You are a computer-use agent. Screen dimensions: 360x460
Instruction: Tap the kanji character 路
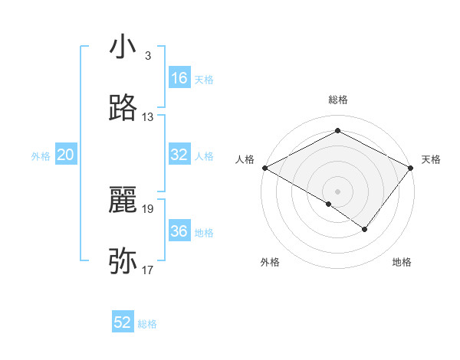[x=123, y=108]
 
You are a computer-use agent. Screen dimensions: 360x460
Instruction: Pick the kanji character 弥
[x=123, y=260]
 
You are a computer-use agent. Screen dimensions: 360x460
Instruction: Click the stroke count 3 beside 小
[x=147, y=56]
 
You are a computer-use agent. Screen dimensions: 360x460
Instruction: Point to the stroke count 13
[x=148, y=117]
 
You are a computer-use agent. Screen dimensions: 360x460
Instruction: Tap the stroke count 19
[x=148, y=208]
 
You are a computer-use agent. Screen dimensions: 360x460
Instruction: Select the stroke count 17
[x=148, y=270]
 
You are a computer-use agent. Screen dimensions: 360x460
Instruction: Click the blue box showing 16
[x=179, y=78]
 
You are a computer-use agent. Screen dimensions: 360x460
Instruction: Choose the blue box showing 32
[x=179, y=155]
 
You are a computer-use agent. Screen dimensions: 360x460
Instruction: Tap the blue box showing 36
[x=179, y=231]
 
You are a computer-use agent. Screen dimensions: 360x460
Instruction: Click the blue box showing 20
[x=66, y=155]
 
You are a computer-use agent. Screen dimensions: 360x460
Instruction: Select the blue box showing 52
[x=123, y=322]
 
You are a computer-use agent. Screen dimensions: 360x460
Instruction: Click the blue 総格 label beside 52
[x=148, y=324]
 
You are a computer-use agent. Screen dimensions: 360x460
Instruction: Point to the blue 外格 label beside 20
[x=41, y=155]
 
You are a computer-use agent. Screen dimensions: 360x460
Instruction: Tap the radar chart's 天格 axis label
[x=431, y=159]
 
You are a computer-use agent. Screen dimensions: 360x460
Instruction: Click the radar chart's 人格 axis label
[x=245, y=159]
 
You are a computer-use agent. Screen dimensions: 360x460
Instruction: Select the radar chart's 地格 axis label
[x=402, y=262]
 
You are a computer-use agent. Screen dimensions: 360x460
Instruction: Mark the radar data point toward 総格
[x=337, y=131]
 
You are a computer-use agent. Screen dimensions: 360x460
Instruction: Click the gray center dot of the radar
[x=337, y=190]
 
